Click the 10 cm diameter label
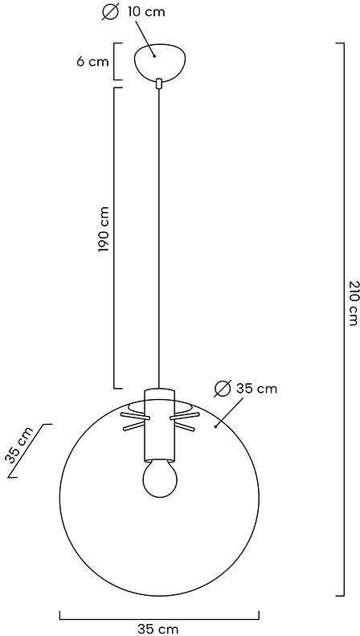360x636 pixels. [146, 12]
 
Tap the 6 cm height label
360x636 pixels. [92, 62]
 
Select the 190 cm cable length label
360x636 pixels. [104, 230]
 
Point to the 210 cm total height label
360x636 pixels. [353, 303]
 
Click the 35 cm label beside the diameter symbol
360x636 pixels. [256, 389]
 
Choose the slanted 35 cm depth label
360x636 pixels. [18, 446]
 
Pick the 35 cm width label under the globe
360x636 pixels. [157, 629]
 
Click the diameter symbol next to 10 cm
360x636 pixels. [109, 12]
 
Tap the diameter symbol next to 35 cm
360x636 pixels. [223, 389]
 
